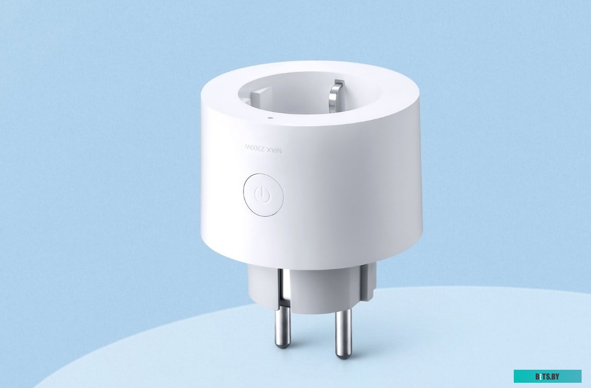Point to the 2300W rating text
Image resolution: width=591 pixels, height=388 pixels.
pos(255,149)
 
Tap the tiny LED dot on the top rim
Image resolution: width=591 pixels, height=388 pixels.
pos(269,118)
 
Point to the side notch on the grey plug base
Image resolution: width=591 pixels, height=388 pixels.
pos(372,282)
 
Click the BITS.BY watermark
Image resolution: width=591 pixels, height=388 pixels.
pos(547,376)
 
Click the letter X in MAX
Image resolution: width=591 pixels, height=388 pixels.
pos(269,150)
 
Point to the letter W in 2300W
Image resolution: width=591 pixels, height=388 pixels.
pos(248,149)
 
